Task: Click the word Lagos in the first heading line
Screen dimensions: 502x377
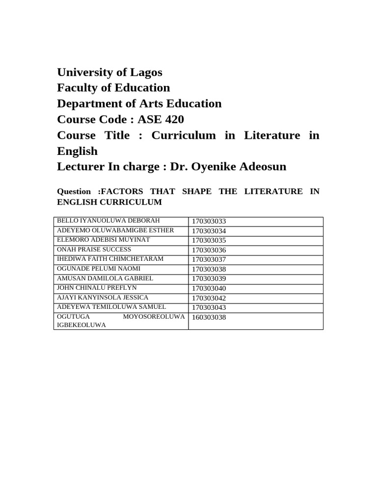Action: click(146, 73)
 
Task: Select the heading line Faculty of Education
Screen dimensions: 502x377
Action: click(113, 88)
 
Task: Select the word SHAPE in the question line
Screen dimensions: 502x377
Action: click(197, 192)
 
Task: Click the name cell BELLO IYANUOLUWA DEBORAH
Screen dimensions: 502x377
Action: click(108, 221)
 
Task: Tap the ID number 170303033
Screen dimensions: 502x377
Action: click(209, 222)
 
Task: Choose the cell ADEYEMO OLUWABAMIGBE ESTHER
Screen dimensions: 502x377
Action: click(116, 230)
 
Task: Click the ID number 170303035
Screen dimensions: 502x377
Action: click(209, 241)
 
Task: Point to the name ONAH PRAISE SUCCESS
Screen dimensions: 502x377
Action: click(94, 250)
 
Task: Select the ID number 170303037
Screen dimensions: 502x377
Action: click(209, 260)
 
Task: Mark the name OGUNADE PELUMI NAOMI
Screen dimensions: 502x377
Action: click(99, 269)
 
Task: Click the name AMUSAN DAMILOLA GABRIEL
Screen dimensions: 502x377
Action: click(105, 278)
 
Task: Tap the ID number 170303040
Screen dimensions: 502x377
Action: click(209, 288)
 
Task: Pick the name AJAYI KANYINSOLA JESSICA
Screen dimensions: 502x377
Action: click(103, 298)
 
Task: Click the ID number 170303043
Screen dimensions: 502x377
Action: click(209, 308)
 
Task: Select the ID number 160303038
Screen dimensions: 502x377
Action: click(209, 318)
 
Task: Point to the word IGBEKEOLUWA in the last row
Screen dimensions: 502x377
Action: click(81, 325)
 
